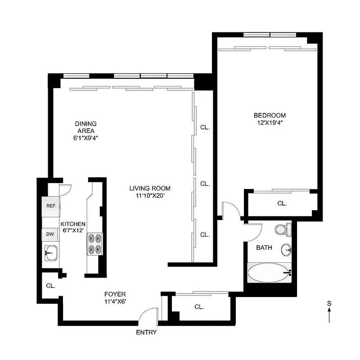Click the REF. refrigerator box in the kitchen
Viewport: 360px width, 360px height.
(x=50, y=206)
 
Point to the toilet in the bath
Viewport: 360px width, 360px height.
(x=282, y=229)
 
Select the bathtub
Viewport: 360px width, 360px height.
(x=270, y=273)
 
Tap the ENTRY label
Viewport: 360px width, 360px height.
(x=146, y=333)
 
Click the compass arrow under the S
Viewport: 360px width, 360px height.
(x=329, y=315)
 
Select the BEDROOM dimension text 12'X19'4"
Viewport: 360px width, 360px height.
(x=270, y=122)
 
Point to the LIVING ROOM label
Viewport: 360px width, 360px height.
(x=150, y=188)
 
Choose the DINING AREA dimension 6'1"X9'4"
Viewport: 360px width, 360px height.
(x=85, y=138)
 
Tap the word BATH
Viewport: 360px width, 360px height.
(x=264, y=247)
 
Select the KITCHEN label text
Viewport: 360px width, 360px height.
(x=73, y=224)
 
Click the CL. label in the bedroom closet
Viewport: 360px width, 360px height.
(x=282, y=203)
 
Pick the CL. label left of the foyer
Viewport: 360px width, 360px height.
(x=50, y=285)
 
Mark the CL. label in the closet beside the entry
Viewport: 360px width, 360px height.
(x=199, y=307)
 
